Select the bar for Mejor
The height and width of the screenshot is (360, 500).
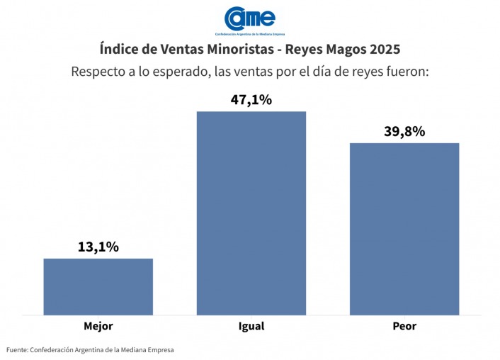98,286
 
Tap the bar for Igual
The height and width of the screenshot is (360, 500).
251,213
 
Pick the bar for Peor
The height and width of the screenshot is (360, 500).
404,228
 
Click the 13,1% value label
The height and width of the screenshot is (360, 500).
98,247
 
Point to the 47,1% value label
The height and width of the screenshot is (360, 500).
251,100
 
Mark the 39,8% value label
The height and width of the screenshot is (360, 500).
404,132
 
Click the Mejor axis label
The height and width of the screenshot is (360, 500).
98,327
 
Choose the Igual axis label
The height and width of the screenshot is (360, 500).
251,327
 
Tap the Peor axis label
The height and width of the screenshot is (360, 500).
404,327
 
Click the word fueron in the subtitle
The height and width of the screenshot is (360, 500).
407,72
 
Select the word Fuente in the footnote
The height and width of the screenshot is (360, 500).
17,350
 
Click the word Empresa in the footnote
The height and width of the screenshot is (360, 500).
158,350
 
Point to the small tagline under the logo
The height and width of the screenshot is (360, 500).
249,33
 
